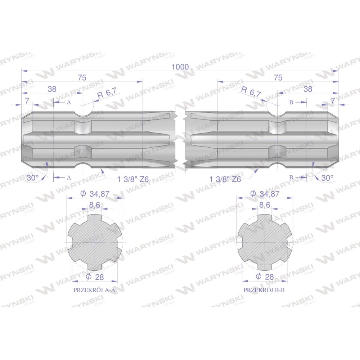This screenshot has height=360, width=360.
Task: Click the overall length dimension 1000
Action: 180,67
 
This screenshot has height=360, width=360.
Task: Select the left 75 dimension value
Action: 82,78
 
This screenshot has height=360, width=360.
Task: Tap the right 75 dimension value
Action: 278,78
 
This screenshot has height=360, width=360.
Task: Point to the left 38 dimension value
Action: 52,89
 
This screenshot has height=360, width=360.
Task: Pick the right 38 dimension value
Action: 308,89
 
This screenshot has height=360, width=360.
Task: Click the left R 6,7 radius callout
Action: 107,93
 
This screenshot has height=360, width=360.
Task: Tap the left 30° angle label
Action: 33,178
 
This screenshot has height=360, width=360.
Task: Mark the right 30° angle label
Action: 327,178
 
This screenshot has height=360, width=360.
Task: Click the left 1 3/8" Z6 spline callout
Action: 133,179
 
